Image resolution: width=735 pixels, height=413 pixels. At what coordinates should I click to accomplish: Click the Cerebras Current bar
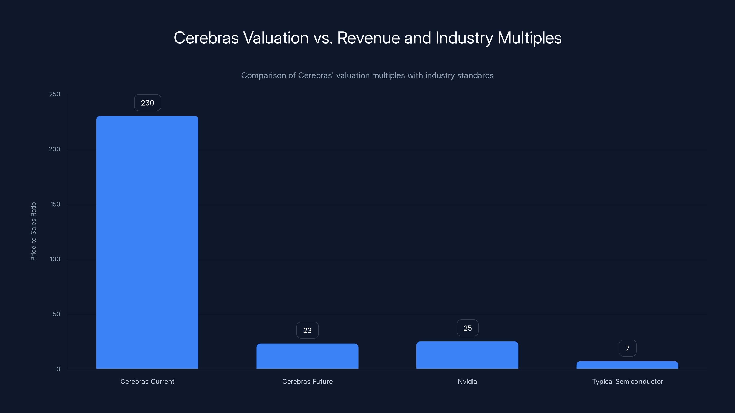coord(147,242)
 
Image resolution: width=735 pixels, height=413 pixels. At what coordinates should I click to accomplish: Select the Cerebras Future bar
coord(307,356)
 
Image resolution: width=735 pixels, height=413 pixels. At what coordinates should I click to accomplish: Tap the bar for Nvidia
coord(467,355)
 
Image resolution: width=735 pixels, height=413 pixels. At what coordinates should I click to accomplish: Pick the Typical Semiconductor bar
coord(627,365)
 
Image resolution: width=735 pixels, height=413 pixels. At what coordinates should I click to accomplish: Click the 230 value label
coord(147,103)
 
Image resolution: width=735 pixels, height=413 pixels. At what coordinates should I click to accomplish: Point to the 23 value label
coord(307,330)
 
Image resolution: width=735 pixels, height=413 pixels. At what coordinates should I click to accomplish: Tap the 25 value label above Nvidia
coord(467,328)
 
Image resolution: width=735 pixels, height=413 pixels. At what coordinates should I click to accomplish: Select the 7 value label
coord(628,348)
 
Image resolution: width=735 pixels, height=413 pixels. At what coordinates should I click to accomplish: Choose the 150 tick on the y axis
coord(55,204)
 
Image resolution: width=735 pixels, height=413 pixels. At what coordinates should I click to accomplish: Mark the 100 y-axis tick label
coord(55,259)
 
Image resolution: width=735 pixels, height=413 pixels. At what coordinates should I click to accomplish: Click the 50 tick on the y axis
coord(57,314)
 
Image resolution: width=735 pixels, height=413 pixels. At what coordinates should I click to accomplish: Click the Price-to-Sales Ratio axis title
coord(33,232)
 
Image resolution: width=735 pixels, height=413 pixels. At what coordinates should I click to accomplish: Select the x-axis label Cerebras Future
coord(307,381)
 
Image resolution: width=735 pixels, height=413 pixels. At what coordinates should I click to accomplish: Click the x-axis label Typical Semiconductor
coord(628,381)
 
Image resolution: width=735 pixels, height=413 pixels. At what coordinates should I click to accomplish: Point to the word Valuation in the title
coord(276,38)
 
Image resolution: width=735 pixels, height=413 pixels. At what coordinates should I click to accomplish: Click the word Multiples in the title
coord(529,38)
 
